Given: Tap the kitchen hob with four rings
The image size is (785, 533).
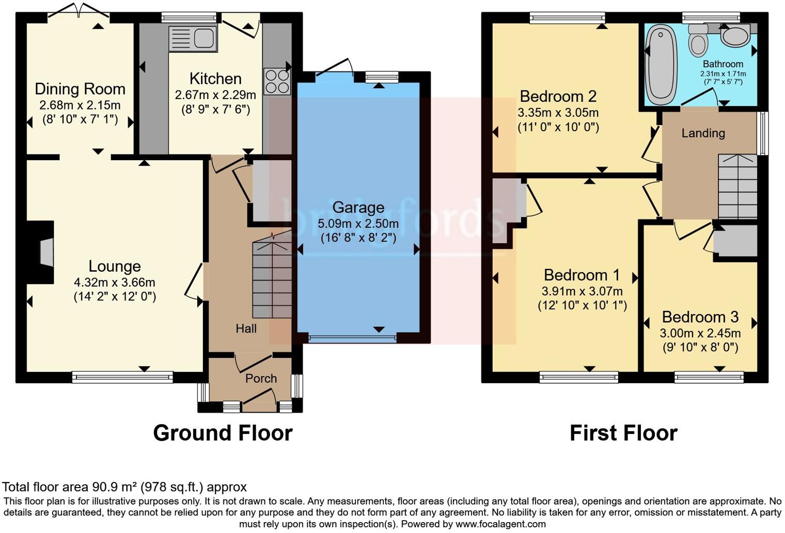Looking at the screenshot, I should (277, 81).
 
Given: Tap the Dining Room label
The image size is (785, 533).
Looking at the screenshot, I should (80, 89).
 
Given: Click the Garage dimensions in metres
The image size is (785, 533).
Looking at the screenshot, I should (358, 224).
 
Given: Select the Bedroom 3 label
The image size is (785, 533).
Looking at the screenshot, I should (700, 317).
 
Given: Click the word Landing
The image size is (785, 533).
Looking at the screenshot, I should (703, 133).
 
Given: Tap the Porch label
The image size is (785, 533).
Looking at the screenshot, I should (261, 379).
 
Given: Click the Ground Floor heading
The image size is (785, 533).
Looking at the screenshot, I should (223, 433).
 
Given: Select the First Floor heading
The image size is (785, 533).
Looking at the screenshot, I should (623, 433).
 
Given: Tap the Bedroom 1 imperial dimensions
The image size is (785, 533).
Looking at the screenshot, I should (582, 305).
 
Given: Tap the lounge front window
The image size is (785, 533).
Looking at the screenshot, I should (123, 377).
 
